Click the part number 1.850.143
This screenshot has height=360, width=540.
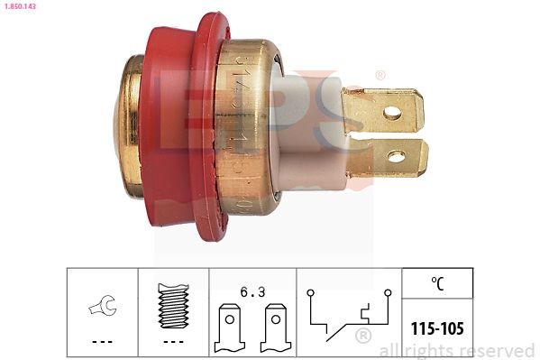click(22, 6)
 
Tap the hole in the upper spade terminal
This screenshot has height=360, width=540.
click(391, 113)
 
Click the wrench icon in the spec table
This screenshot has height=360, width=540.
click(102, 309)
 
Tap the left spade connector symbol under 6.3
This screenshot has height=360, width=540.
click(229, 328)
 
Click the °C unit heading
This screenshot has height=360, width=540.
click(437, 283)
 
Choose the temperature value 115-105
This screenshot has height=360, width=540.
click(437, 328)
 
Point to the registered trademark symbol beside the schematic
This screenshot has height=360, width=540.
click(363, 337)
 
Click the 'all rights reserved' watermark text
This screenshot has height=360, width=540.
click(457, 350)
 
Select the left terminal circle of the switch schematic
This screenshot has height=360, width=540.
click(309, 292)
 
